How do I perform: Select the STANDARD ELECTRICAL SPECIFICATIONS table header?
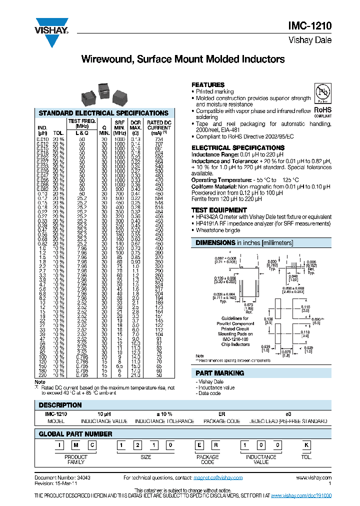click(x=103, y=113)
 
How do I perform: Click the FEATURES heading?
click(x=208, y=85)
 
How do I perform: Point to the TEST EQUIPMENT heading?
click(x=219, y=210)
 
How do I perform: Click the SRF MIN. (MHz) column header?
click(x=119, y=127)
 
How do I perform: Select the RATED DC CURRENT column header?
click(x=159, y=127)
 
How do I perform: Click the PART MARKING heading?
click(x=220, y=373)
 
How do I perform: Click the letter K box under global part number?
click(x=306, y=445)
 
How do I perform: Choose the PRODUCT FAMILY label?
click(x=76, y=459)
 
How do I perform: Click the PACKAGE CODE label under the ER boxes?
click(x=207, y=459)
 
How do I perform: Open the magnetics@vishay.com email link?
click(x=219, y=478)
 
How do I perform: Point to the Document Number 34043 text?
click(x=62, y=478)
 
